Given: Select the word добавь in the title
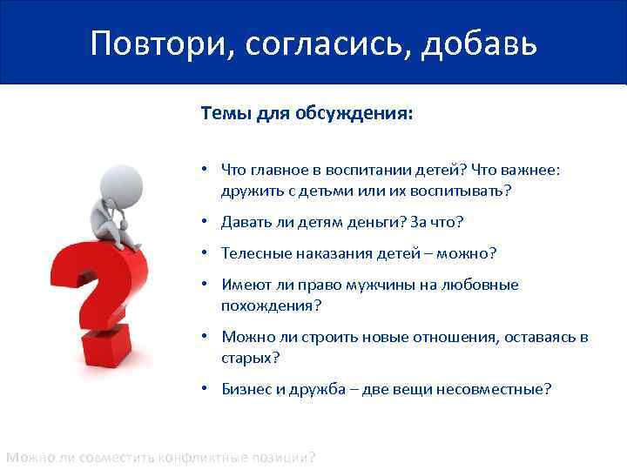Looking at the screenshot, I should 478,44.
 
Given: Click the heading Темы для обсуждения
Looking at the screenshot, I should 307,113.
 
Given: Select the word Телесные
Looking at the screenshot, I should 253,253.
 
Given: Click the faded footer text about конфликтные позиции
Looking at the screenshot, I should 161,457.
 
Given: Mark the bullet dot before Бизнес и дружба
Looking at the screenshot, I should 201,389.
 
